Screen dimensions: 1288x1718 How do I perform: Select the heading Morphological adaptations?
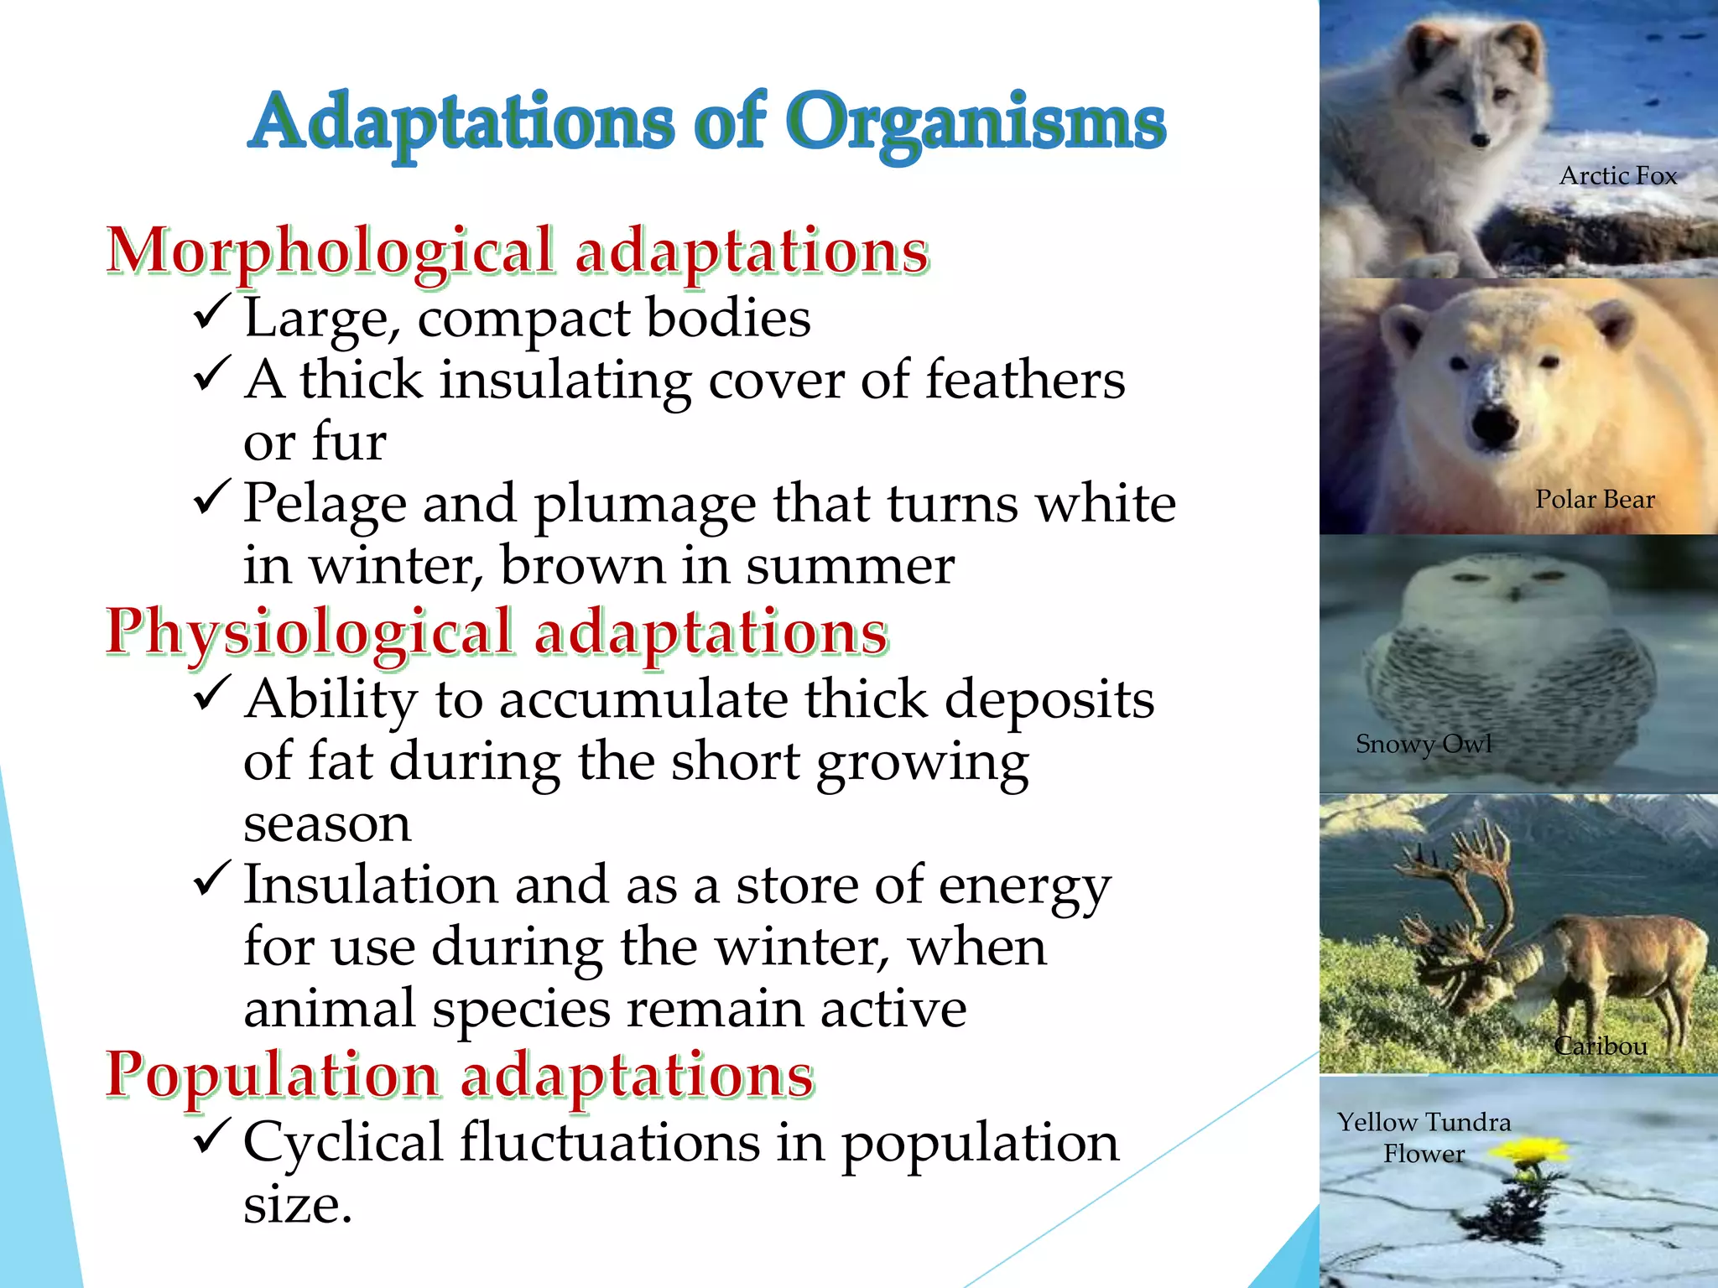pos(518,251)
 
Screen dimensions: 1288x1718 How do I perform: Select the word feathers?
pos(1024,380)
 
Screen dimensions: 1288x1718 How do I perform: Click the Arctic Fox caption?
pos(1617,176)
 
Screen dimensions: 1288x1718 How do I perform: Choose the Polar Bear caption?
pos(1595,500)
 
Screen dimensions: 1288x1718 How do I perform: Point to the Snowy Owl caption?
pos(1424,744)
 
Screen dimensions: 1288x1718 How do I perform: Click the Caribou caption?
pos(1601,1046)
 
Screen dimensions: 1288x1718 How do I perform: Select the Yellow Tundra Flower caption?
pos(1424,1137)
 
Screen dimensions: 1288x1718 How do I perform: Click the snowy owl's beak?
pos(1513,595)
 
